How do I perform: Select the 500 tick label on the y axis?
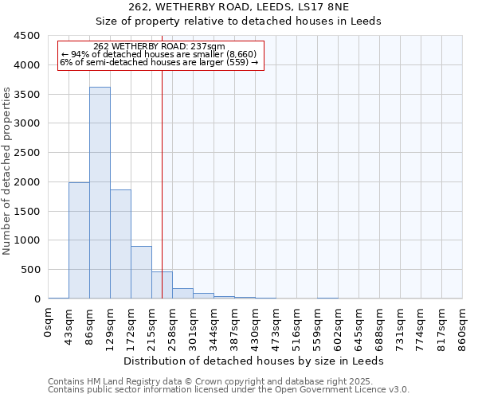coord(31,270)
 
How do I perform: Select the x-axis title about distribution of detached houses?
coord(255,361)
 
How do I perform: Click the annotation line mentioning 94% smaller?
coord(159,54)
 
